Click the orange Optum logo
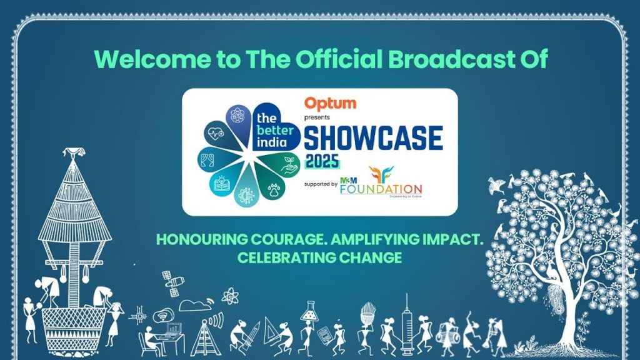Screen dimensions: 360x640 [330, 103]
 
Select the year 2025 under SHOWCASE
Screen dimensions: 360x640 [322, 161]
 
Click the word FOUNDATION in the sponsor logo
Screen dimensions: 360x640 [381, 189]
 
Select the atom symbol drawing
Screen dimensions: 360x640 [229, 295]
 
